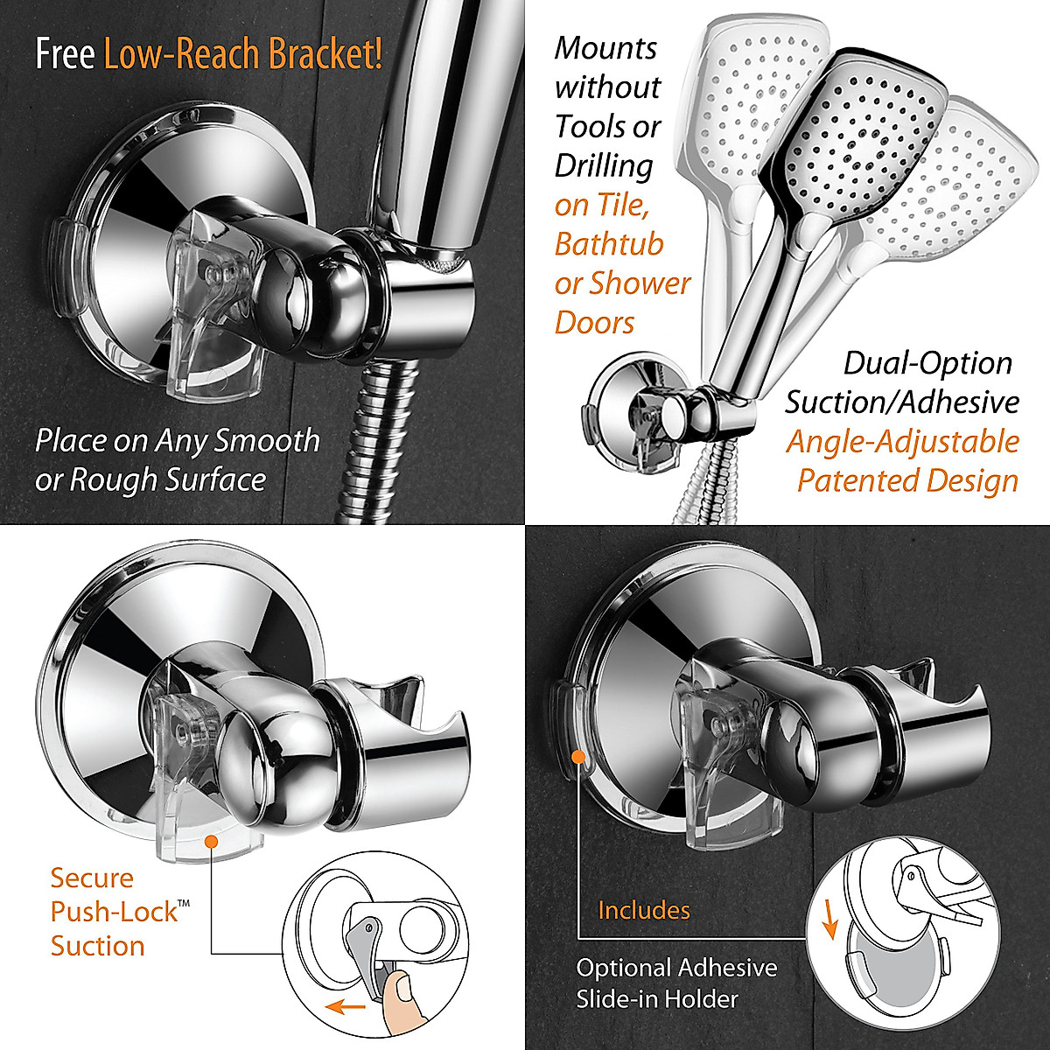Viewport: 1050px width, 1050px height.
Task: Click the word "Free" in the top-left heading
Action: (x=65, y=54)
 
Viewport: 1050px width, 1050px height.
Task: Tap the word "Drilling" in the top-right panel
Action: (x=604, y=165)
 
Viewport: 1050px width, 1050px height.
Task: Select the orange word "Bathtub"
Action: (x=609, y=244)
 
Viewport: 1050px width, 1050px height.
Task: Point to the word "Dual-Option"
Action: (x=927, y=363)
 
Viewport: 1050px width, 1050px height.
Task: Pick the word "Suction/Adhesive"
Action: (x=901, y=402)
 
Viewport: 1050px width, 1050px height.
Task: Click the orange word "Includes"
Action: (x=644, y=910)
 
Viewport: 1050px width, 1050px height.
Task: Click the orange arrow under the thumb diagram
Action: (x=345, y=1008)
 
